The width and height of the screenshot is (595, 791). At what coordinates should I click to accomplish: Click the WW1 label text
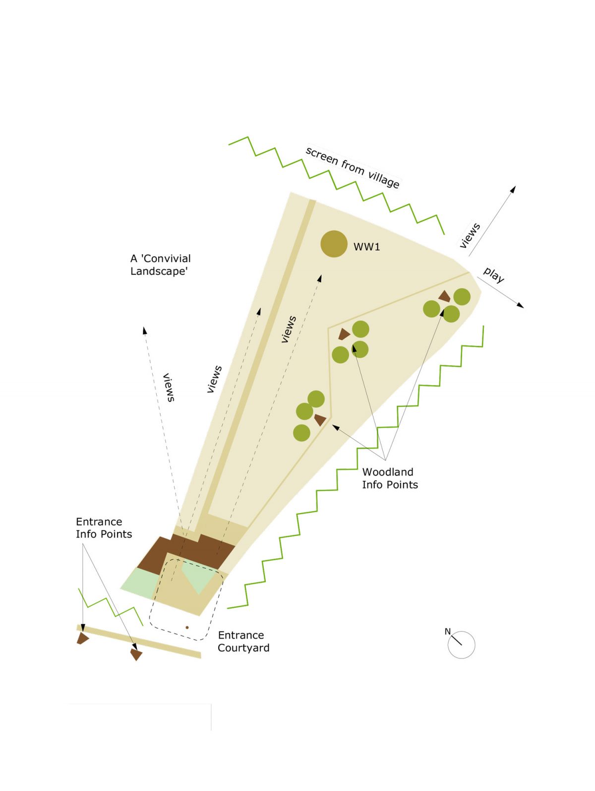(366, 247)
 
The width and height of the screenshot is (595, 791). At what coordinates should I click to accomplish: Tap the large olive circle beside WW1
(334, 244)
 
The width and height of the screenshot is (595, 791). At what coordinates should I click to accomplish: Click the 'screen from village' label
(353, 167)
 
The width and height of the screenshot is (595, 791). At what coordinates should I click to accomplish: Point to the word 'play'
(494, 275)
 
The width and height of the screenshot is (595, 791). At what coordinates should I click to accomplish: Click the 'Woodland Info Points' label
(390, 478)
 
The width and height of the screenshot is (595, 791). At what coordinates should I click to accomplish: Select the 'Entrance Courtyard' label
(243, 641)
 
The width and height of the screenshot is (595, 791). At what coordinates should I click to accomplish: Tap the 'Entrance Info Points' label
(104, 528)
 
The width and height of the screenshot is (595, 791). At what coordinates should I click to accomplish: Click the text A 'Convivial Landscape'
(160, 264)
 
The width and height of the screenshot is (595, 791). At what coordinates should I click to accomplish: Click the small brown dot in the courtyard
(187, 627)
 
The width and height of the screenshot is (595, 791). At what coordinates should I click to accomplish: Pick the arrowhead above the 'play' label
(513, 190)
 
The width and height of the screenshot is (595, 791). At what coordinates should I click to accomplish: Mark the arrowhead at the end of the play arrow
(520, 305)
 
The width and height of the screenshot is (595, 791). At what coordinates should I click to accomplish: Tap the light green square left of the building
(140, 583)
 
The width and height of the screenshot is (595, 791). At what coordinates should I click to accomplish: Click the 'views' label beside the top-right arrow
(470, 236)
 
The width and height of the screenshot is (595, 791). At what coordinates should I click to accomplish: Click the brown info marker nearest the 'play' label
(445, 296)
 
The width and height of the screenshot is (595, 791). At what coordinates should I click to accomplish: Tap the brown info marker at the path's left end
(82, 638)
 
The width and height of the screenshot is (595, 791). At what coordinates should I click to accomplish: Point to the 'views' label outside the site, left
(169, 388)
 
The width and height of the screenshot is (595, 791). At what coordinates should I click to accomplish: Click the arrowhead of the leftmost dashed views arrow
(144, 330)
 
